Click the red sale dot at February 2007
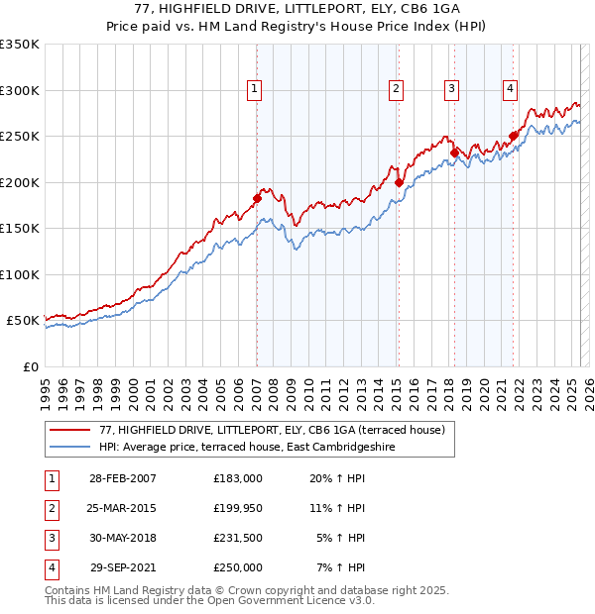pyautogui.click(x=257, y=198)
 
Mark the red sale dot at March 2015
pyautogui.click(x=398, y=182)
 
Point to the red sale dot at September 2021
pyautogui.click(x=513, y=136)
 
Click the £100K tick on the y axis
pyautogui.click(x=20, y=274)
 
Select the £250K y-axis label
pyautogui.click(x=20, y=136)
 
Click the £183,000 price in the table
pyautogui.click(x=238, y=477)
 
